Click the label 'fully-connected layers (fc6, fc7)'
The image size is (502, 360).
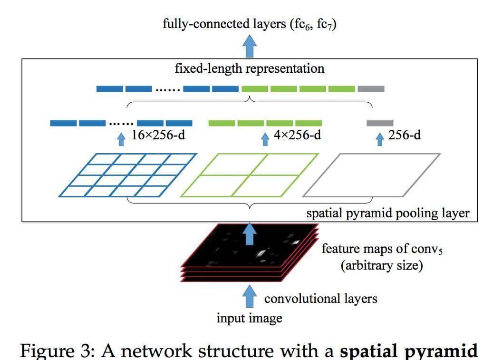point(249,24)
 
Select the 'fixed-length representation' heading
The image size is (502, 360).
point(249,68)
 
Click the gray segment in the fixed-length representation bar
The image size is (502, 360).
point(371,88)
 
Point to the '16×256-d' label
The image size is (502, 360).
point(158,136)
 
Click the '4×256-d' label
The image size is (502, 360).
point(297,136)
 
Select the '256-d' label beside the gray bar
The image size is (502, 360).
point(404,136)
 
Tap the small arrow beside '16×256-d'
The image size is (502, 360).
point(121,138)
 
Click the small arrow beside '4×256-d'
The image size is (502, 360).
point(265,138)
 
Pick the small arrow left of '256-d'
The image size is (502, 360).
point(379,138)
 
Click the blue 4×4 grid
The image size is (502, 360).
point(127,175)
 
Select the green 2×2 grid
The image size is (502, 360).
point(249,175)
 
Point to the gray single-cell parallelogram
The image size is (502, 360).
point(372,175)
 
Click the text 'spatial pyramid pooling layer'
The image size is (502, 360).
point(387,214)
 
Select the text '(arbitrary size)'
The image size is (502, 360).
point(381,265)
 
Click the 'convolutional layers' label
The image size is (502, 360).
point(320,299)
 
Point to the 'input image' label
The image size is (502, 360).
point(249,318)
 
